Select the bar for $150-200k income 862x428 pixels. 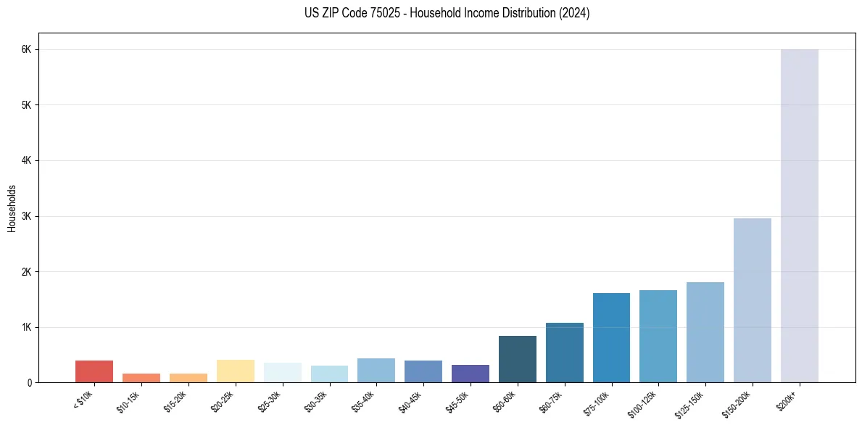[x=752, y=300]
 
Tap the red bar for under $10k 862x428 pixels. [x=94, y=371]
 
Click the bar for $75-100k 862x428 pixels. [x=611, y=337]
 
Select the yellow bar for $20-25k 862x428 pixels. [x=235, y=371]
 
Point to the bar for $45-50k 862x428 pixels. [x=470, y=374]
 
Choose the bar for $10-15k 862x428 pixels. [x=141, y=378]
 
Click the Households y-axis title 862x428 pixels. [x=12, y=208]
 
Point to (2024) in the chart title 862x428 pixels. [x=573, y=13]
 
